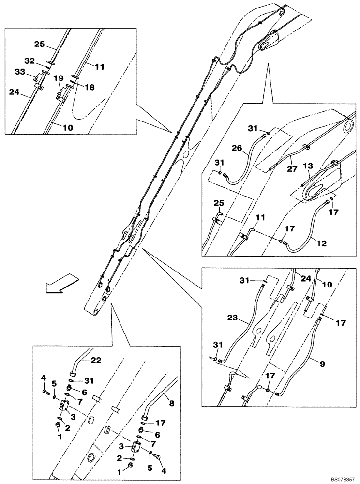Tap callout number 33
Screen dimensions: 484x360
(20, 73)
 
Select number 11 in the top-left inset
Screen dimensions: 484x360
(99, 68)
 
